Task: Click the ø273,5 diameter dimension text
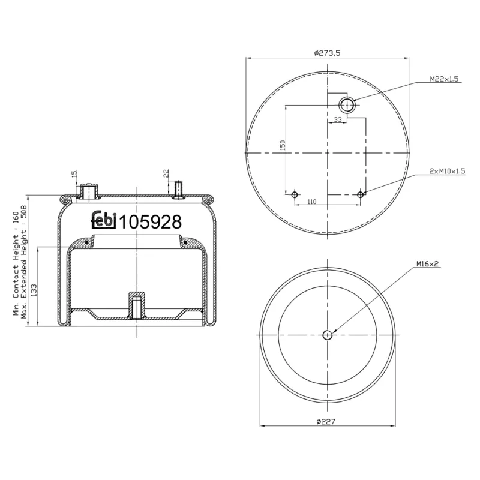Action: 327,53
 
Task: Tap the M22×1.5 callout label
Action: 445,79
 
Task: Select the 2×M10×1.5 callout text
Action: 447,171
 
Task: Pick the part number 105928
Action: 150,222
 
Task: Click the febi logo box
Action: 103,221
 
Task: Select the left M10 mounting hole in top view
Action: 295,195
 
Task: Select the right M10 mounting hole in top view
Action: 361,194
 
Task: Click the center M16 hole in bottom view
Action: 327,335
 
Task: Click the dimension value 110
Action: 311,202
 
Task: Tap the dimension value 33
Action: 337,120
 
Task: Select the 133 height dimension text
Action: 32,290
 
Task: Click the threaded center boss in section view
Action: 136,305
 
